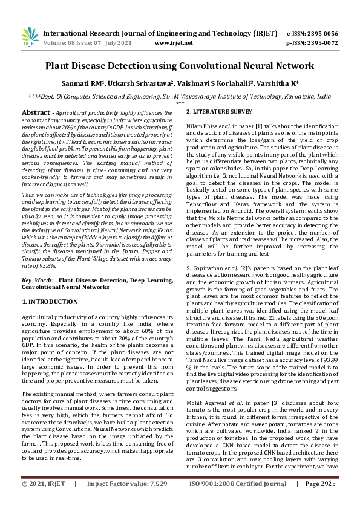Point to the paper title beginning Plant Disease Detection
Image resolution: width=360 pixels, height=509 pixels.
click(180, 65)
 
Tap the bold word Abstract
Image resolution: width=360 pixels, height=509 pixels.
click(36, 113)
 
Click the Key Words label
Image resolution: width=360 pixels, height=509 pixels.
click(36, 281)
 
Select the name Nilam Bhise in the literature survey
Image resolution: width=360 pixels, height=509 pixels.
click(200, 125)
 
